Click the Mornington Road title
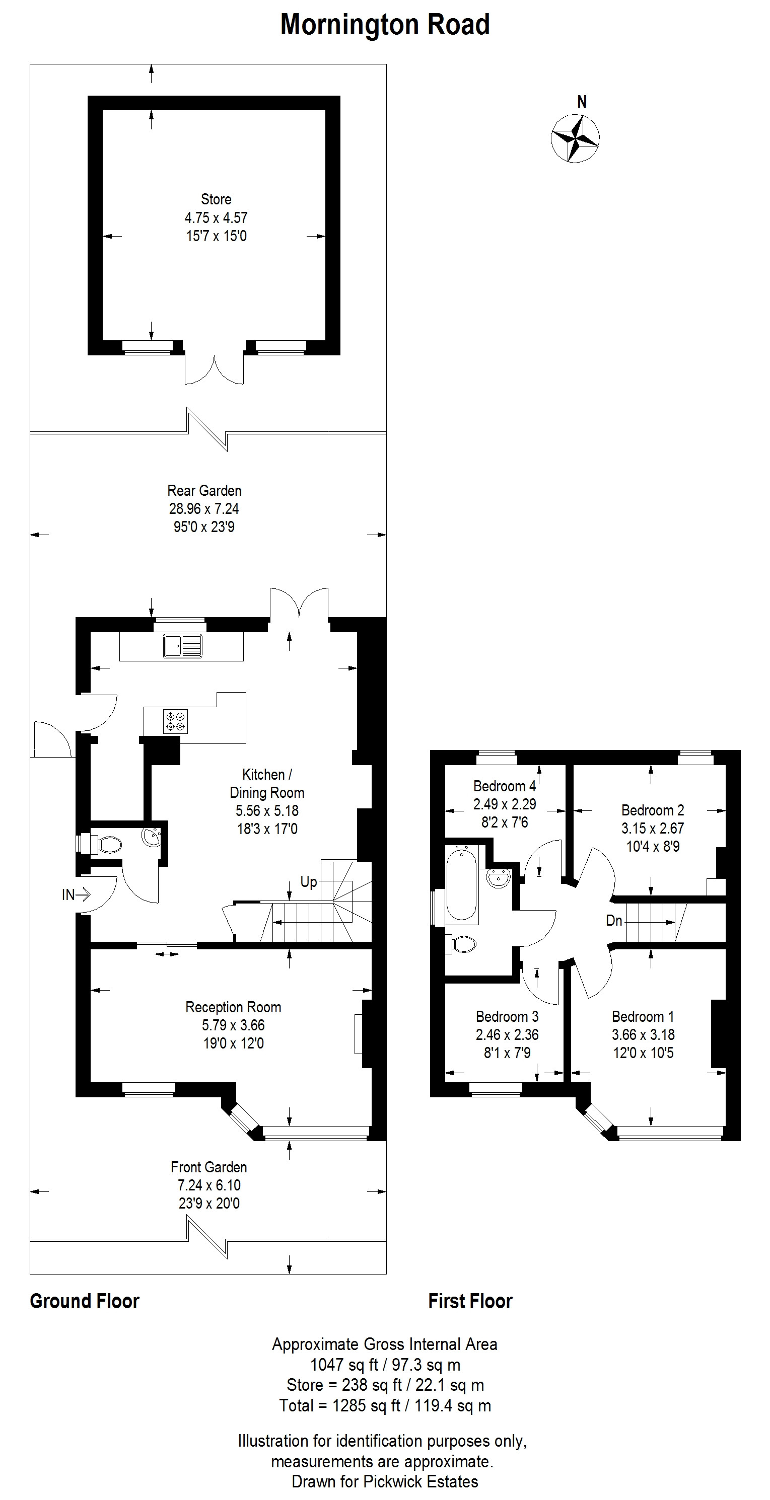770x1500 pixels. pyautogui.click(x=385, y=25)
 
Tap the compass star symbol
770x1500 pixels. pyautogui.click(x=575, y=138)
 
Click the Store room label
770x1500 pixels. pyautogui.click(x=216, y=199)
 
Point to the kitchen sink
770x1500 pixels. pyautogui.click(x=183, y=646)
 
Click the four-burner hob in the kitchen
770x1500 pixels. pyautogui.click(x=175, y=721)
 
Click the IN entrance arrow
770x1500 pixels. pyautogui.click(x=76, y=894)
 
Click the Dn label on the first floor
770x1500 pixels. pyautogui.click(x=614, y=921)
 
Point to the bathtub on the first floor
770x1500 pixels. pyautogui.click(x=462, y=884)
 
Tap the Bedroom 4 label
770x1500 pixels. pyautogui.click(x=505, y=786)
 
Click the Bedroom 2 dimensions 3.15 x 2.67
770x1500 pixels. pyautogui.click(x=652, y=828)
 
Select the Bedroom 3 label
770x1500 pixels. pyautogui.click(x=507, y=1017)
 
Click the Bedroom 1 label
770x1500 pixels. pyautogui.click(x=643, y=1017)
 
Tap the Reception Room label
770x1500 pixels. pyautogui.click(x=233, y=1007)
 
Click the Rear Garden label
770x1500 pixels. pyautogui.click(x=204, y=490)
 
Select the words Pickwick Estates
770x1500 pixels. pyautogui.click(x=421, y=1481)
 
